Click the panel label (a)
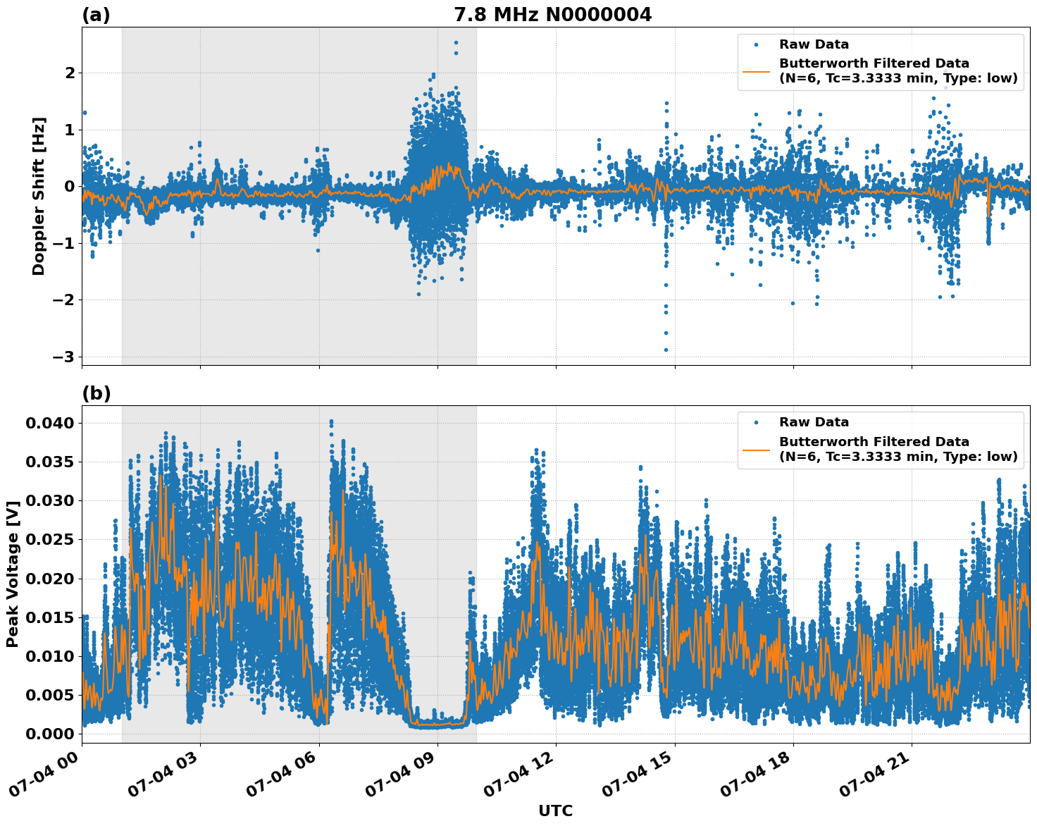click(x=96, y=15)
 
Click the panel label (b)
click(x=96, y=393)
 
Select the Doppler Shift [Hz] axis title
click(x=39, y=196)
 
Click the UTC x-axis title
click(x=555, y=810)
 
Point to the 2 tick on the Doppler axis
click(x=69, y=73)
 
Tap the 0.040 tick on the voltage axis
click(x=49, y=423)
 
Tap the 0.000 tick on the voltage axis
click(x=49, y=734)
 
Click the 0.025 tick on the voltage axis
click(x=49, y=540)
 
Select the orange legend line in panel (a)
click(x=756, y=71)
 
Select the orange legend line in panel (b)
click(x=756, y=449)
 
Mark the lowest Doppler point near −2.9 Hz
click(x=666, y=350)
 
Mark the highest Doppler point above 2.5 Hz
click(x=456, y=43)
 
